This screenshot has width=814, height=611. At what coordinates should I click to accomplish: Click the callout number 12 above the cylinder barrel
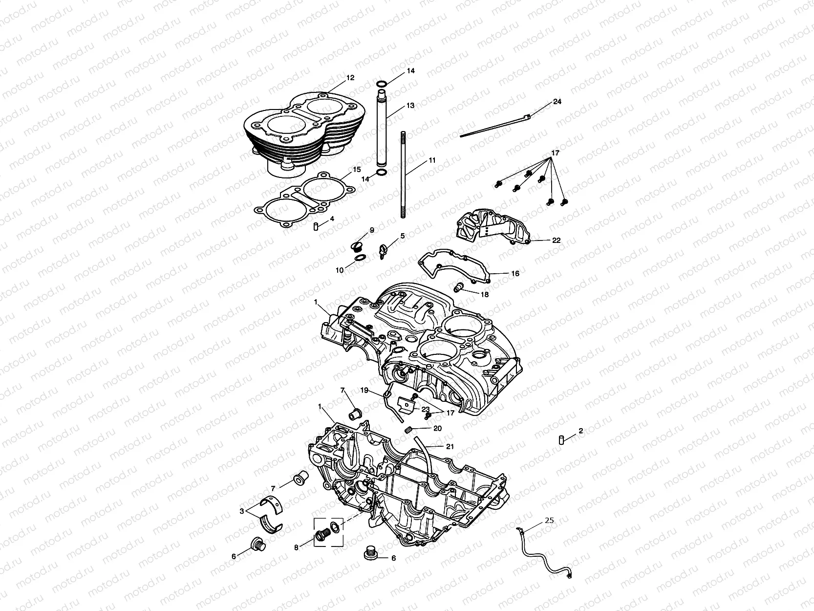(350, 78)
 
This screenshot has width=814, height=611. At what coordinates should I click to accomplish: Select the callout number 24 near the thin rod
(557, 102)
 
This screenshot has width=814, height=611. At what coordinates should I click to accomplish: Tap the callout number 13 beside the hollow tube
(410, 106)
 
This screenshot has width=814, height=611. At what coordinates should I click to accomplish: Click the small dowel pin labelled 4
(316, 226)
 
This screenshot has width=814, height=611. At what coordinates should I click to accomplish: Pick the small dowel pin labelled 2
(562, 439)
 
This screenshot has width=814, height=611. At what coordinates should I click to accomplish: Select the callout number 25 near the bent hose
(549, 521)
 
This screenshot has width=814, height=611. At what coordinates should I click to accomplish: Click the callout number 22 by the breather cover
(556, 240)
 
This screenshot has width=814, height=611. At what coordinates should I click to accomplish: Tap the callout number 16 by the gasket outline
(515, 274)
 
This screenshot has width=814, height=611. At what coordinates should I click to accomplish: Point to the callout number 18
(484, 295)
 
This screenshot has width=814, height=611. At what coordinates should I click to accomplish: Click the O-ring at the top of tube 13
(383, 84)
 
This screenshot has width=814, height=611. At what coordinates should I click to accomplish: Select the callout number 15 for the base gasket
(357, 170)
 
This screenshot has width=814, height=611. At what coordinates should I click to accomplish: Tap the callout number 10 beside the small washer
(340, 270)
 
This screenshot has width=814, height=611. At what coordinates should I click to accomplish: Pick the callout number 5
(403, 236)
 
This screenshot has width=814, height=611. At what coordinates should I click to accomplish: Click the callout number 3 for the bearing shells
(241, 511)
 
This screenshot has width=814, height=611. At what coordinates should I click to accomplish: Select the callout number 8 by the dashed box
(296, 548)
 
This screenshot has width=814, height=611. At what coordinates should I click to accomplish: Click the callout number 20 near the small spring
(437, 428)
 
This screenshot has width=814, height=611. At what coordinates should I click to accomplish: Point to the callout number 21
(450, 446)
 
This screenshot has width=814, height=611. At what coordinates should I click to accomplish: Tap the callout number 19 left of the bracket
(364, 391)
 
